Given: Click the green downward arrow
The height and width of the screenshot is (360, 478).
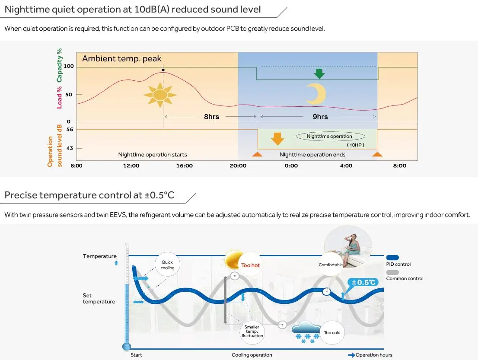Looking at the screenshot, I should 319,73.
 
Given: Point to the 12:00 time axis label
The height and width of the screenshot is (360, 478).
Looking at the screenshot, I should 131,166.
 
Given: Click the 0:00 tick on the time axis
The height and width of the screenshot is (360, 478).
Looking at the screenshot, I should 291,166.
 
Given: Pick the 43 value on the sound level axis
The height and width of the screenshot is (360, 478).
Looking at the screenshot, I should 69,148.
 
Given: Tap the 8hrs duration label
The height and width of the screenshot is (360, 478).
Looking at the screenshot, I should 211,117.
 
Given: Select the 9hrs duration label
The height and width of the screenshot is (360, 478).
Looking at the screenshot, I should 320,117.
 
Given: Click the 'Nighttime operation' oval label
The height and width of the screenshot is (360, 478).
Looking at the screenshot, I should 329,136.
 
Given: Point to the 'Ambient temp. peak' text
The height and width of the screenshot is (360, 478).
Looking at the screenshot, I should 121,58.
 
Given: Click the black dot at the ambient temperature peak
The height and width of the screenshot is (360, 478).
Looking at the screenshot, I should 163,70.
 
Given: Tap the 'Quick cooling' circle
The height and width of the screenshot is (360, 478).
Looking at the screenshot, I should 167,265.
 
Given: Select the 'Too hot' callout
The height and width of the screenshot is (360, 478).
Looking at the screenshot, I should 251,265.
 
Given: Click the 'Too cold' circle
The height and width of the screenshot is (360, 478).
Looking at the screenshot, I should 332,332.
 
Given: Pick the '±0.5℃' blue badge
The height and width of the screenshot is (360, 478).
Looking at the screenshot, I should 363,282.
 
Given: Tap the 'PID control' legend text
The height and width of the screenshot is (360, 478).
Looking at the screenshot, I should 398,264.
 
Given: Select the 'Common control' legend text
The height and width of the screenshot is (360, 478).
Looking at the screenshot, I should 405,278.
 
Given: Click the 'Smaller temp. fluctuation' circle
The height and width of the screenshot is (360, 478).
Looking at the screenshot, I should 252,331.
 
